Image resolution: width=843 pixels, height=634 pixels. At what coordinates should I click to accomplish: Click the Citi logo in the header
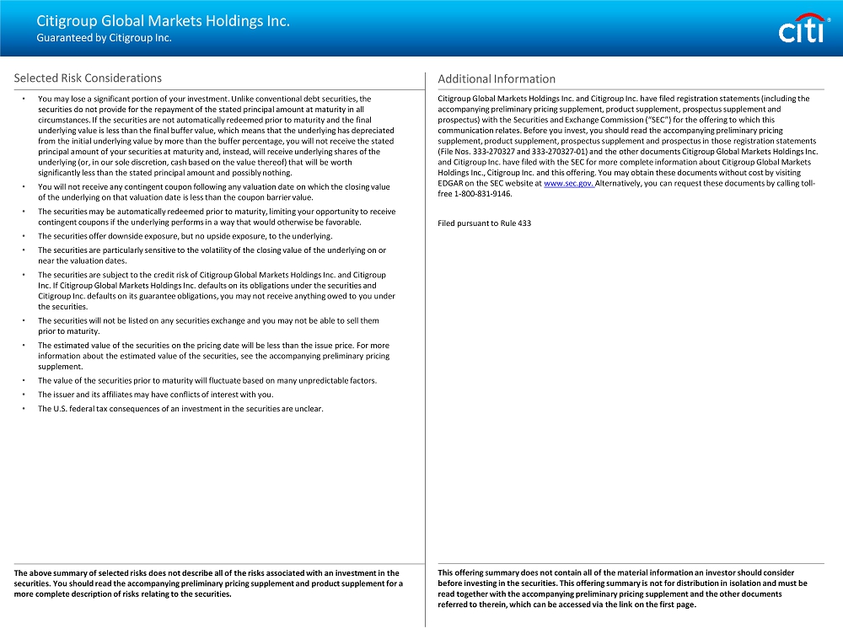pyautogui.click(x=800, y=30)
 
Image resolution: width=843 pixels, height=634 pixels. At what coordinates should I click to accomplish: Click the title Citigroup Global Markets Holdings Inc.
pyautogui.click(x=163, y=21)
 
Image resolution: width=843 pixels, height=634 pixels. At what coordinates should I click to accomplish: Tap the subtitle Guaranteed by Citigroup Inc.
pyautogui.click(x=104, y=38)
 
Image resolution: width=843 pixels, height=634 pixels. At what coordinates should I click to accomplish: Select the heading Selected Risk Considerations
pyautogui.click(x=88, y=78)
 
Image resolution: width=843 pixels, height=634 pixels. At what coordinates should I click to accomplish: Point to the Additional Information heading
pyautogui.click(x=497, y=79)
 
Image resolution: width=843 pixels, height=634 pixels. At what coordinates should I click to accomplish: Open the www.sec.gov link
pyautogui.click(x=569, y=184)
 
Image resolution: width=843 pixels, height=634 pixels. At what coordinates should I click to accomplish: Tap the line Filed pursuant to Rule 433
pyautogui.click(x=485, y=223)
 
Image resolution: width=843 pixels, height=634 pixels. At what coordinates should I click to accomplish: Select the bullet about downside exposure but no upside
pyautogui.click(x=185, y=236)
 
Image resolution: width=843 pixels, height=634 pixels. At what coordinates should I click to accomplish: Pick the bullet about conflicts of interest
pyautogui.click(x=155, y=395)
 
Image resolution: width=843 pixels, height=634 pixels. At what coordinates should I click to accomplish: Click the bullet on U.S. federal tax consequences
pyautogui.click(x=180, y=409)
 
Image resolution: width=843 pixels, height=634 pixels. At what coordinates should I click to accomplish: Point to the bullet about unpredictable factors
pyautogui.click(x=207, y=380)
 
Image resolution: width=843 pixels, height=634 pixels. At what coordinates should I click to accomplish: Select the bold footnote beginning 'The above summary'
pyautogui.click(x=208, y=583)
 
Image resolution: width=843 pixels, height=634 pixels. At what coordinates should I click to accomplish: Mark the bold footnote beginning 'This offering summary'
pyautogui.click(x=622, y=588)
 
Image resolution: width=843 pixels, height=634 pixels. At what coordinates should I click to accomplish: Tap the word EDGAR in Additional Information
pyautogui.click(x=452, y=184)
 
